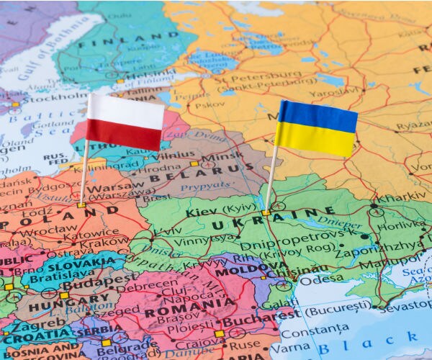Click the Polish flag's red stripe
point(125,135)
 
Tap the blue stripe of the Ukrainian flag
point(318,115)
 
